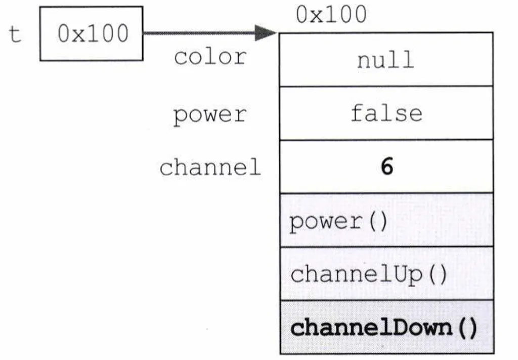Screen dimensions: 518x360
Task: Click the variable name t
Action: point(15,34)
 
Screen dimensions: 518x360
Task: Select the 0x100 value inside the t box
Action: point(93,33)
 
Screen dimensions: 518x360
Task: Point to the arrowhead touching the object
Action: point(266,33)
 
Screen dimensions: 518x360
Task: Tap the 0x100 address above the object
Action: point(331,15)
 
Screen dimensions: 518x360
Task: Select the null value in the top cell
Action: point(385,60)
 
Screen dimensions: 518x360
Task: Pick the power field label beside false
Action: point(210,115)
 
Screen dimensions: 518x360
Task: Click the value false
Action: point(386,113)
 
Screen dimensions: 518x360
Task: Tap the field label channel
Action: point(210,167)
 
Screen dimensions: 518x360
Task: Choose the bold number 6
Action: point(387,166)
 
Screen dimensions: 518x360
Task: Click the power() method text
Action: point(338,222)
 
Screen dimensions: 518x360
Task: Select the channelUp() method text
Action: point(369,275)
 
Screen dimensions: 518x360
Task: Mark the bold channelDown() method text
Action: point(384,328)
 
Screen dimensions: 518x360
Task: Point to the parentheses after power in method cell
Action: point(378,221)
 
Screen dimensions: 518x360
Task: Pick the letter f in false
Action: point(358,113)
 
